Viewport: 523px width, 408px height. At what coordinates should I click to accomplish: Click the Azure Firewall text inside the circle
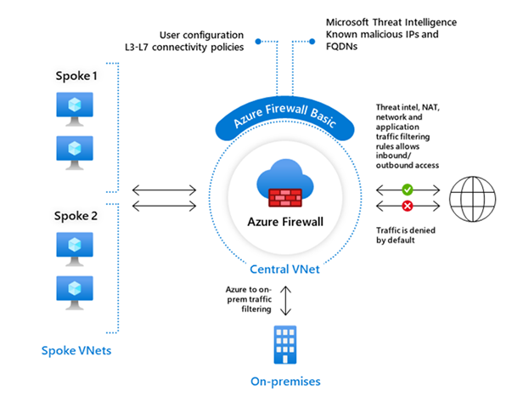pos(281,224)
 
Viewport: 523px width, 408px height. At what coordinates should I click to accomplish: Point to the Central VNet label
pos(284,269)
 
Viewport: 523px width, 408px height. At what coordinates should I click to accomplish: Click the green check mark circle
pos(408,190)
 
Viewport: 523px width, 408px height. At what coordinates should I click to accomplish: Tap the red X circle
pos(408,207)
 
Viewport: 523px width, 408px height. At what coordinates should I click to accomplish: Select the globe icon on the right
pos(473,197)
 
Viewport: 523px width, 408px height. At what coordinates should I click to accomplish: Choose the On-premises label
pos(284,382)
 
